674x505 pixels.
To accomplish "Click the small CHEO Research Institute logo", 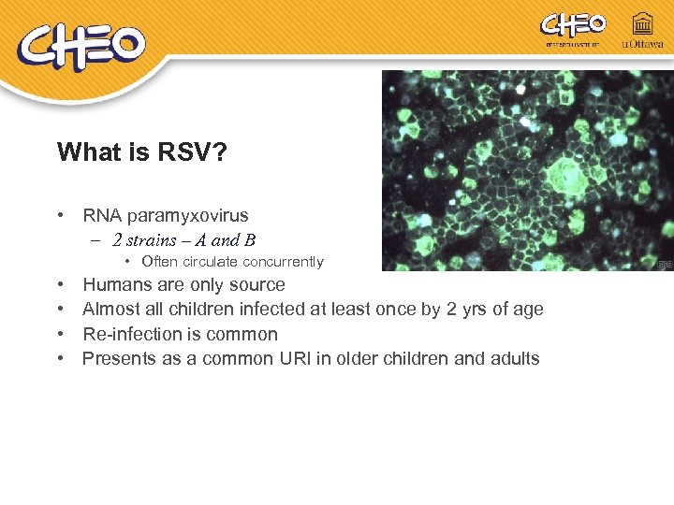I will (x=573, y=29).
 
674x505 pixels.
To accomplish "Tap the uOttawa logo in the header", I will (x=642, y=30).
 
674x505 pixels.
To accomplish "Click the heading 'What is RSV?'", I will (x=140, y=152).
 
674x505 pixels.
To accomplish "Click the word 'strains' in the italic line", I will (x=154, y=240).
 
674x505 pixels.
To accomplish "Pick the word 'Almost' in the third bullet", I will (x=110, y=310).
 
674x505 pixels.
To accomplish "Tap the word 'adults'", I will (x=514, y=358).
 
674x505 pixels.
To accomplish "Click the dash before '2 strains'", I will (x=97, y=240).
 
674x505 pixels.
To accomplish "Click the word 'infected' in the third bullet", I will (x=280, y=310).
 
